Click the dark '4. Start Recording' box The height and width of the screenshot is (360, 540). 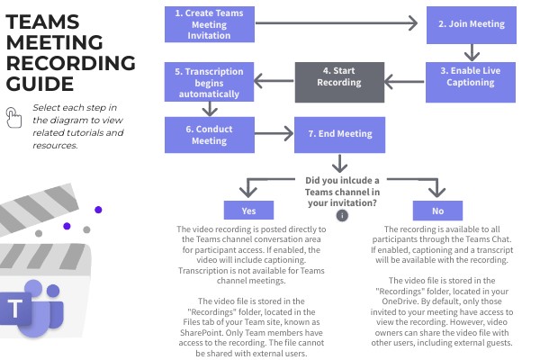340,82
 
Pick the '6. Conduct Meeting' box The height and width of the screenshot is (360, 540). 207,134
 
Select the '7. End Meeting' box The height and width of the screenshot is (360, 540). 340,134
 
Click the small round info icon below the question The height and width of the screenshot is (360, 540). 341,215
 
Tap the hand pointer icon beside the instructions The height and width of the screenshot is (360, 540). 13,116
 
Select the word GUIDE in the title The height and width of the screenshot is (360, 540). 38,85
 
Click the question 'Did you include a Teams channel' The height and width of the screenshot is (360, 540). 342,184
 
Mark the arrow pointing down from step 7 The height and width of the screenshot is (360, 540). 340,163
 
